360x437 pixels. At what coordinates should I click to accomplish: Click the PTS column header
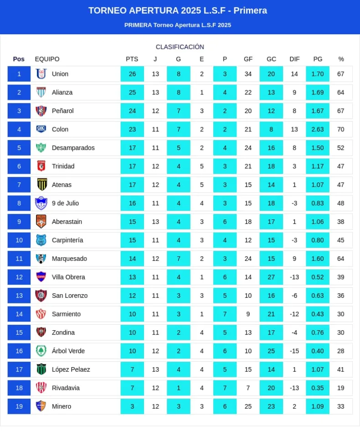coord(132,59)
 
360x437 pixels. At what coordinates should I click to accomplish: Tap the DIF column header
coord(294,59)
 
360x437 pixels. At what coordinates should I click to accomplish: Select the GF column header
coord(248,59)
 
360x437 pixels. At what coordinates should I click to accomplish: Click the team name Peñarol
coord(62,111)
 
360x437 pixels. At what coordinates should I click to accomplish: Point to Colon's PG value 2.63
coord(318,129)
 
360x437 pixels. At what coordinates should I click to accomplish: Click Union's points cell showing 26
coord(132,74)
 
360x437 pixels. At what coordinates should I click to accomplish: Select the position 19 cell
coord(19,406)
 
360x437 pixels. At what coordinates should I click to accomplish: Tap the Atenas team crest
coord(41,185)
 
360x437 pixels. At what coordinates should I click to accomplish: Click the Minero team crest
coord(41,406)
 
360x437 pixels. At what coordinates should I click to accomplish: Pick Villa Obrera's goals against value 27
coord(271,277)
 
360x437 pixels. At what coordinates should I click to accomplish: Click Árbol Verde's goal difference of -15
coord(294,351)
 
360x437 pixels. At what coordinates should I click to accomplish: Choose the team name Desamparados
coord(73,148)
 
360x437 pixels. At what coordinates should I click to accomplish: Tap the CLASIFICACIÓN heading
coord(180,47)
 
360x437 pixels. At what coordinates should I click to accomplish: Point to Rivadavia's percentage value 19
coord(341,388)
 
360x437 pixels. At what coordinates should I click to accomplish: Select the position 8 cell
coord(19,203)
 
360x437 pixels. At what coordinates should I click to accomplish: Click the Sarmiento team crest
coord(41,314)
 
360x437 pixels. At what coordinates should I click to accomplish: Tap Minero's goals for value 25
coord(248,406)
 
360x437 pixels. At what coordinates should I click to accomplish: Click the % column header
coord(341,59)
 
